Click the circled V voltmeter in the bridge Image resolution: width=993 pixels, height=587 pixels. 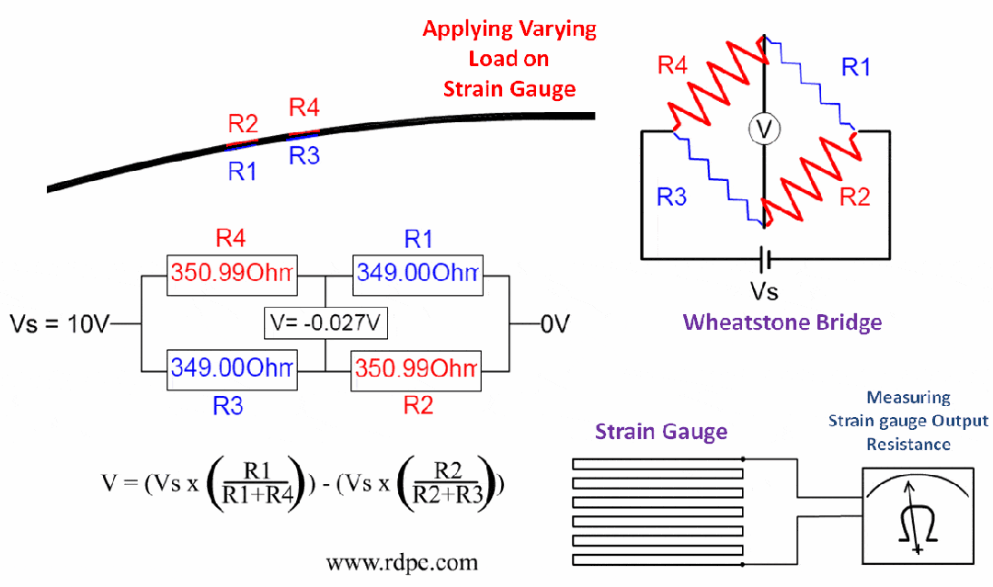point(763,131)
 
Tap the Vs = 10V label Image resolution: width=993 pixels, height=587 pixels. point(60,323)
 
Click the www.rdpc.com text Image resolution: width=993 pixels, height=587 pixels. point(402,560)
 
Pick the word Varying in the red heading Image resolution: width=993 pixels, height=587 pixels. point(550,28)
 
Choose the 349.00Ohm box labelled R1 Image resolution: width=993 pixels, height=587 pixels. point(418,274)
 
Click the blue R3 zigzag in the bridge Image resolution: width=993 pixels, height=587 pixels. point(717,179)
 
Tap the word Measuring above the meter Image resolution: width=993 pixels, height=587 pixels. point(907,398)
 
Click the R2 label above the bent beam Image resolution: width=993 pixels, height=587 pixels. point(244,124)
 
